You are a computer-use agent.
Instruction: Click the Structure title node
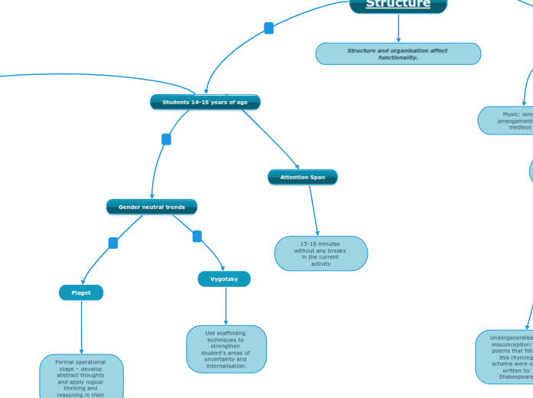click(x=398, y=5)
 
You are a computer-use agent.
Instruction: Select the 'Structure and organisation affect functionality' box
click(x=398, y=54)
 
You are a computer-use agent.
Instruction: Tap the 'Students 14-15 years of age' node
click(x=205, y=102)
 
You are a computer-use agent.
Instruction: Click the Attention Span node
click(x=302, y=177)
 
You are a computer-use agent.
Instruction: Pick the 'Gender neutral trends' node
click(x=151, y=207)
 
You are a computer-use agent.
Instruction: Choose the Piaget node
click(x=81, y=292)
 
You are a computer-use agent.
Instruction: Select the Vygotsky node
click(x=224, y=279)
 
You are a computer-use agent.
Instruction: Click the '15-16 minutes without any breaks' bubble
click(x=321, y=253)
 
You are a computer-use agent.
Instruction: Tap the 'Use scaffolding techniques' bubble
click(x=226, y=349)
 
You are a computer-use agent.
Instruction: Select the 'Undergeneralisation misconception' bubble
click(x=505, y=357)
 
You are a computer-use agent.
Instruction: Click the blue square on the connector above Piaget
click(x=113, y=243)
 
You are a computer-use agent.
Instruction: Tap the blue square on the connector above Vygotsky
click(x=197, y=237)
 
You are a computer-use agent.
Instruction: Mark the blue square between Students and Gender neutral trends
click(x=166, y=139)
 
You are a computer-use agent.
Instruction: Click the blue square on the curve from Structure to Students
click(x=268, y=28)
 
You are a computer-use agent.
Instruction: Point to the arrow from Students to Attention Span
click(x=271, y=138)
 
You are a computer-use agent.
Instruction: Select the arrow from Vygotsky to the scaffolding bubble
click(x=226, y=306)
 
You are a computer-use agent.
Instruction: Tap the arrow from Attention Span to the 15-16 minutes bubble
click(x=314, y=210)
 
